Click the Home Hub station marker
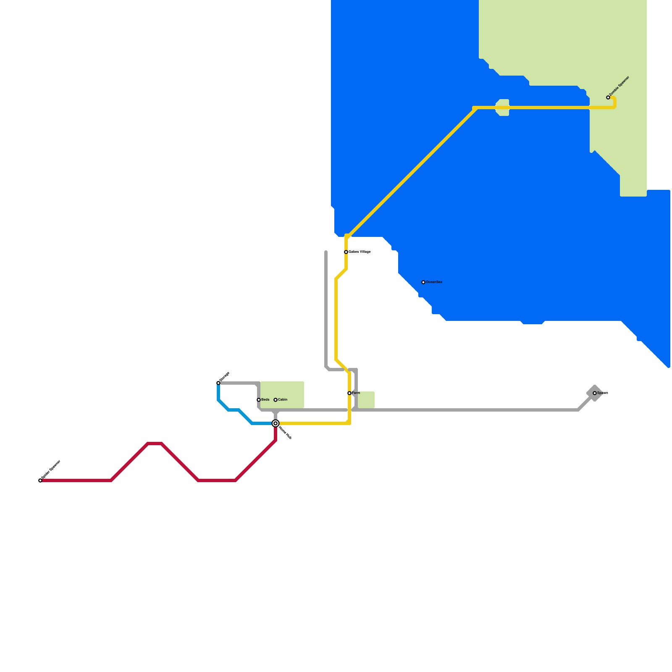pyautogui.click(x=276, y=423)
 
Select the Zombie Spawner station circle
pyautogui.click(x=608, y=97)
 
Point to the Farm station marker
pyautogui.click(x=349, y=393)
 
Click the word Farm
pyautogui.click(x=356, y=393)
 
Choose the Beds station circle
pyautogui.click(x=259, y=400)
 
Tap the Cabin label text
pyautogui.click(x=283, y=400)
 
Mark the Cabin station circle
pyautogui.click(x=276, y=400)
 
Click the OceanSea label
pyautogui.click(x=434, y=282)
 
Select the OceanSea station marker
pyautogui.click(x=423, y=282)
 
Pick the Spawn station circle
pyautogui.click(x=595, y=393)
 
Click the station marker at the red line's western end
pyautogui.click(x=40, y=480)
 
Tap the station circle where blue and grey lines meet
pyautogui.click(x=218, y=383)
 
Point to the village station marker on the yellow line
pyautogui.click(x=346, y=252)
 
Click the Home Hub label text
pyautogui.click(x=285, y=433)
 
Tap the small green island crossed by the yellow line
pyautogui.click(x=503, y=108)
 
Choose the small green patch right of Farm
pyautogui.click(x=366, y=399)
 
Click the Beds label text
pyautogui.click(x=265, y=400)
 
